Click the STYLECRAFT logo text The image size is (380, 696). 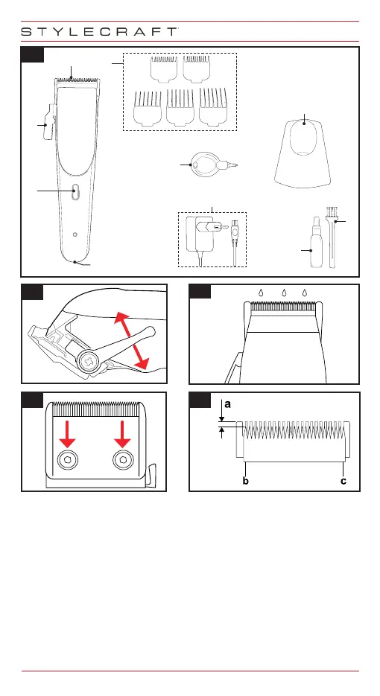tap(100, 31)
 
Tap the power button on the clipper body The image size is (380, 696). tap(75, 191)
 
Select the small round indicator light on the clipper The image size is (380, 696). tap(75, 234)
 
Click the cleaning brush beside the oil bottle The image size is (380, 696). tap(332, 237)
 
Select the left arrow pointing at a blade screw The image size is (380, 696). tap(68, 434)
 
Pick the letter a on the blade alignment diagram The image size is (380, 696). tap(227, 404)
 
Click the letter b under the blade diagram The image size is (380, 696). tap(246, 481)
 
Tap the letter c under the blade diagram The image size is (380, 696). tap(343, 481)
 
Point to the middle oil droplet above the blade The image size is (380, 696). tap(283, 293)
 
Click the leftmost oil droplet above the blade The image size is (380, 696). tap(262, 293)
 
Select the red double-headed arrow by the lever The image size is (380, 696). tap(132, 340)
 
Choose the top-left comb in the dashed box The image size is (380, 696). tap(164, 68)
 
